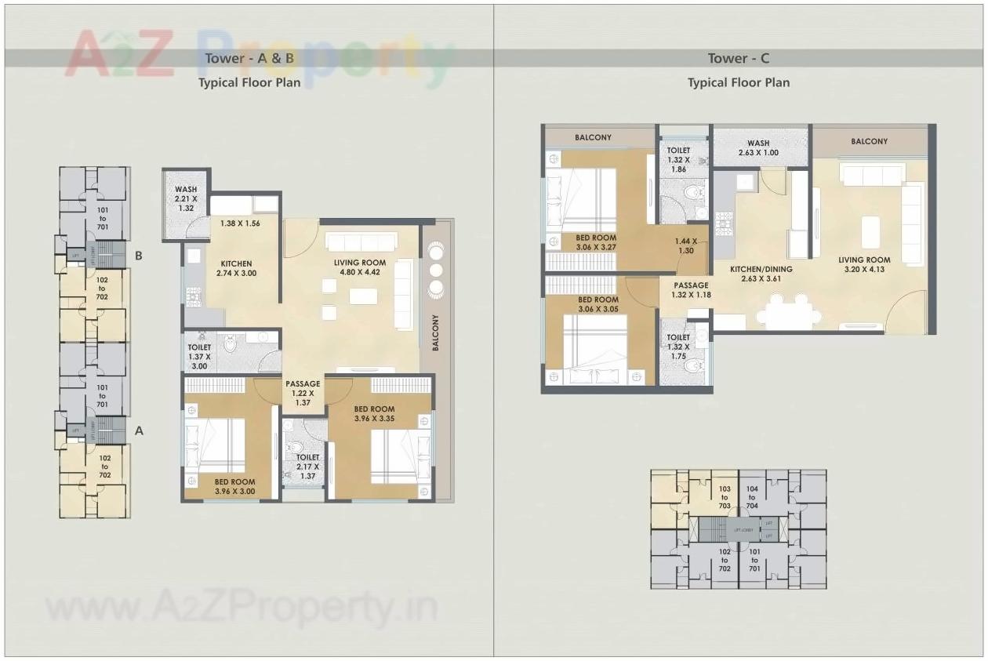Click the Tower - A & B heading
coord(249,58)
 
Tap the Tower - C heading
coord(738,58)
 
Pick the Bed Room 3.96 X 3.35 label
coord(374,413)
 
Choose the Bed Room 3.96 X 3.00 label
coord(234,487)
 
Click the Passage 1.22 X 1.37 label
coord(303,393)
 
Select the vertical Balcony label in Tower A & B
coord(436,332)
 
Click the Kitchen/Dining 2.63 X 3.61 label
coord(761,274)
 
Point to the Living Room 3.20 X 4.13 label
coord(863,264)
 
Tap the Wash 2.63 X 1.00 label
coord(758,148)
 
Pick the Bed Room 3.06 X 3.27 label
coord(597,242)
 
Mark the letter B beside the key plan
coord(138,256)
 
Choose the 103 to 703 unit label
coord(724,496)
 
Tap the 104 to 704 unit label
coord(752,496)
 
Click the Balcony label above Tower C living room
coord(869,141)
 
